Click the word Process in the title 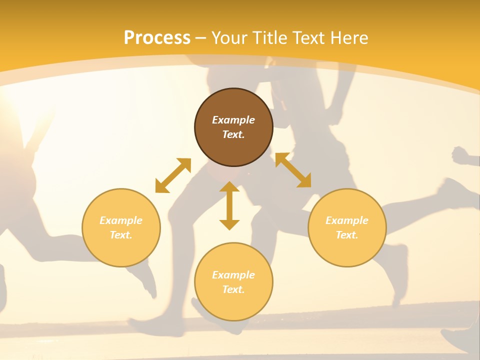point(157,37)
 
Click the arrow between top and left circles point(173,175)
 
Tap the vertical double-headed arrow point(229,205)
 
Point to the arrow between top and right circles point(293,170)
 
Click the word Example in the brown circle point(233,120)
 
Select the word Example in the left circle point(121,220)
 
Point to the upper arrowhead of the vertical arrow point(229,186)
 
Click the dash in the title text point(201,38)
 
